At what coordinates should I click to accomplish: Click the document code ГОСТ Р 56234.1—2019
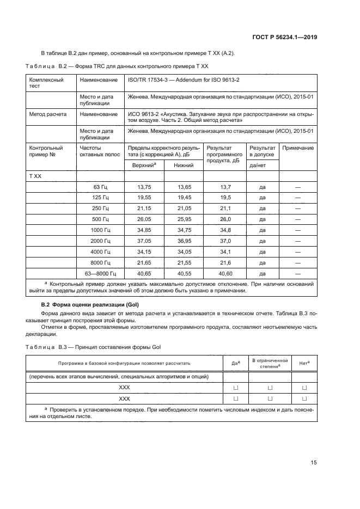tap(284, 37)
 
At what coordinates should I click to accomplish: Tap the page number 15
tap(314, 463)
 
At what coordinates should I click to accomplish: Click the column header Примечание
tap(298, 148)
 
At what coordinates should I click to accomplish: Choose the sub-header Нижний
tap(183, 165)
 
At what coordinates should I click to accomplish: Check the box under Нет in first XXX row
tap(304, 387)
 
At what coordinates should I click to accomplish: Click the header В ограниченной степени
tap(269, 363)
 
